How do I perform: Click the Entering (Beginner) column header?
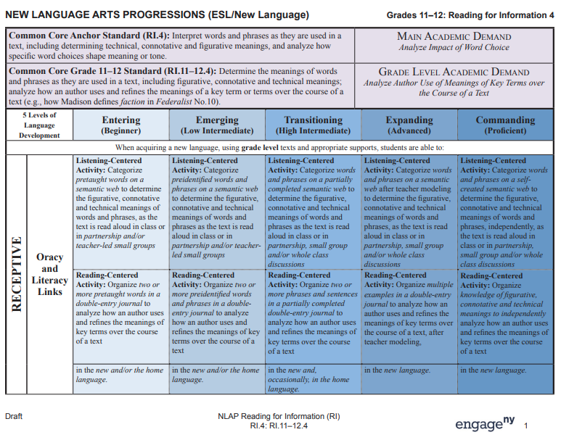point(121,125)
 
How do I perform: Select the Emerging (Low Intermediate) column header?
point(217,125)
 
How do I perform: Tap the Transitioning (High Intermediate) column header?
point(313,125)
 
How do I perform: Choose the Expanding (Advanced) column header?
point(409,125)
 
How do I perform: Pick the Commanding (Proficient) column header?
point(505,125)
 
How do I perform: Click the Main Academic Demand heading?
point(454,36)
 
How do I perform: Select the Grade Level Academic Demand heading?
point(454,72)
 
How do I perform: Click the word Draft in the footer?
point(15,417)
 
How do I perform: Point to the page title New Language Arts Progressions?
point(157,14)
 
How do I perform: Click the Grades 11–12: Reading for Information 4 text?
point(470,15)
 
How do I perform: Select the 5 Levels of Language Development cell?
point(39,125)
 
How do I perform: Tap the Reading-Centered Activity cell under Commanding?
point(505,313)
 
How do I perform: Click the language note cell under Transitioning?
point(313,379)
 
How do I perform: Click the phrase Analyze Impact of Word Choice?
point(454,48)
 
